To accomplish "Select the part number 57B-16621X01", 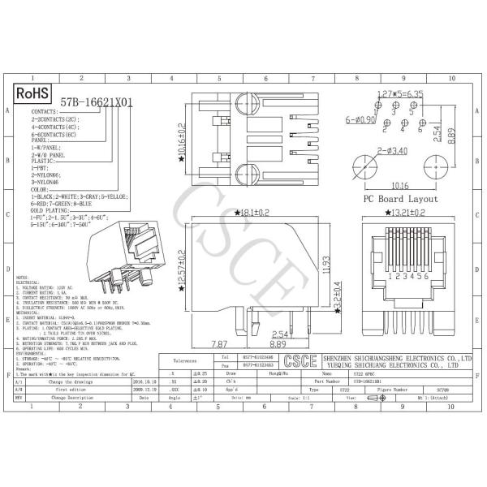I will pos(97,103).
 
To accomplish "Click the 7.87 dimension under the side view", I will pos(220,344).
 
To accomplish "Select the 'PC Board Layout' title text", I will pos(399,199).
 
